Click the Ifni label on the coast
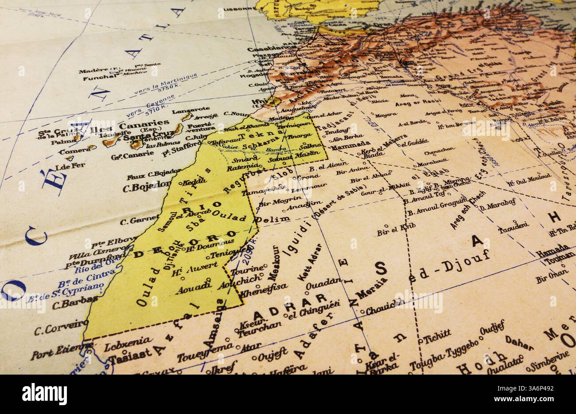257,101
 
